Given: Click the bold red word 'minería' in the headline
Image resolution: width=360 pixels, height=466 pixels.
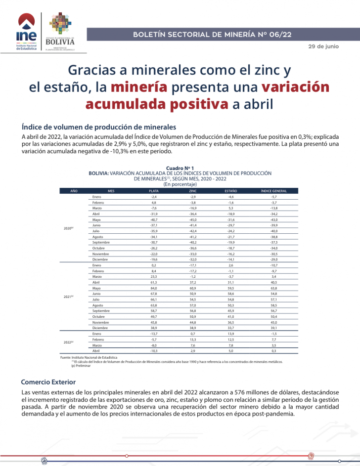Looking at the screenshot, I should point(138,87).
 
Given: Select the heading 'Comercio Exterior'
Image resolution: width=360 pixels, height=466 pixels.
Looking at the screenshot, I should point(48,382).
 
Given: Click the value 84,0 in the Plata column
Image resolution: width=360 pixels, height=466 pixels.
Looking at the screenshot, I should point(140,288).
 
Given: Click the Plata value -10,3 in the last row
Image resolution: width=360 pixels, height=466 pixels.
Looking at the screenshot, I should point(140,351).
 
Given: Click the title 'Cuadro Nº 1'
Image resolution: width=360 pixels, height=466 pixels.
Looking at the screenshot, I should point(180,169).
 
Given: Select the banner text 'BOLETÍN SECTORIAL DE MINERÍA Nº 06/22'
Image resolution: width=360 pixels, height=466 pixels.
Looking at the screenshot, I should point(212,34).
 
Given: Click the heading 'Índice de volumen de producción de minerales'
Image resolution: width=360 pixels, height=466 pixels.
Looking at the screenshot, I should point(99,127).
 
